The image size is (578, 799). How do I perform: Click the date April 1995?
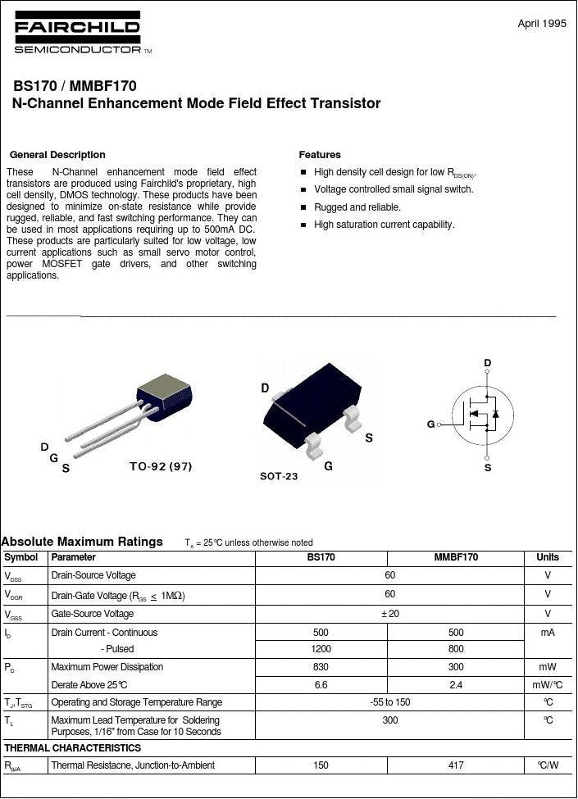click(542, 24)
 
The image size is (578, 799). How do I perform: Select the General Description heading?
click(57, 155)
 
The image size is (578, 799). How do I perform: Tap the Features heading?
click(320, 155)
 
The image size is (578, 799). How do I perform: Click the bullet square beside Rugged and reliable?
click(303, 207)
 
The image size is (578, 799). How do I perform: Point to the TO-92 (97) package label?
click(161, 466)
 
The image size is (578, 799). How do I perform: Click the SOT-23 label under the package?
click(279, 476)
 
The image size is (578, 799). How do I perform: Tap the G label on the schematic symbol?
click(430, 424)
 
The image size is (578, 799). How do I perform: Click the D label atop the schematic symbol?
click(487, 363)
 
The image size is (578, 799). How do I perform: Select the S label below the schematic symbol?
click(488, 467)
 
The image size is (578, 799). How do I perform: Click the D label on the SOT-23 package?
click(265, 388)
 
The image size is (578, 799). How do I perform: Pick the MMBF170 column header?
click(456, 557)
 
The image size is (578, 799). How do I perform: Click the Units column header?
click(548, 557)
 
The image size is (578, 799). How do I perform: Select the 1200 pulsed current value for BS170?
click(321, 649)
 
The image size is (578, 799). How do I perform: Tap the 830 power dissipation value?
click(321, 667)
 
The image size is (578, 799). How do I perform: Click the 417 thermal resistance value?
click(456, 765)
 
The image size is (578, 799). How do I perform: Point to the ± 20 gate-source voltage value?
click(390, 614)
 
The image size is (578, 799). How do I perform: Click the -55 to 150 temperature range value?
click(390, 702)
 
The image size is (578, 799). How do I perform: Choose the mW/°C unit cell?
click(548, 685)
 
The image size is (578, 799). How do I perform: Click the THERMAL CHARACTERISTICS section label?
click(73, 748)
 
